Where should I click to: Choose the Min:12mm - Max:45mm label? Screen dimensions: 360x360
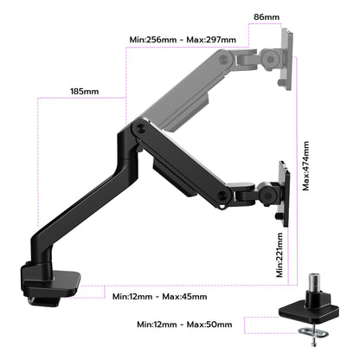(x=159, y=297)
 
